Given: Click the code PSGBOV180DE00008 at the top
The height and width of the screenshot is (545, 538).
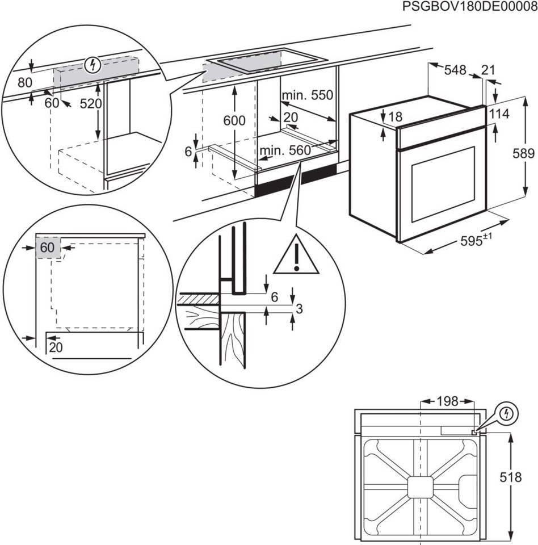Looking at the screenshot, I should coord(469,7).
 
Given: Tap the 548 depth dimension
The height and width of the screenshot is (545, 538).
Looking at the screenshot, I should coord(455,70).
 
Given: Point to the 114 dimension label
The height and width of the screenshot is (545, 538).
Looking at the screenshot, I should coord(499,114).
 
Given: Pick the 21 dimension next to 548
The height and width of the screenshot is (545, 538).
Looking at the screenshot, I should coord(488,70).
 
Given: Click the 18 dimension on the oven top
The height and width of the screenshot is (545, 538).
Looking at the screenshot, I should coord(396,117).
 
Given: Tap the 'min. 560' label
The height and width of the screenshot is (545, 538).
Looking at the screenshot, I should coord(285,150).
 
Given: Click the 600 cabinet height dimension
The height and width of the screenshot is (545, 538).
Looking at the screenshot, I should coord(234,120).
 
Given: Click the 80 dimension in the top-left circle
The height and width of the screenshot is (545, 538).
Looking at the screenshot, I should coord(24,82).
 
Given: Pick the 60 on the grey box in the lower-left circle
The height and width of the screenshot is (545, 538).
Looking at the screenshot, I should coord(48,248).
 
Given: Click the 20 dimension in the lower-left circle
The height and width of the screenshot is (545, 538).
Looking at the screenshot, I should coord(55,347).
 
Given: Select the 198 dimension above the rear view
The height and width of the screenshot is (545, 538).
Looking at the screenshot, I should coord(447,401).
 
